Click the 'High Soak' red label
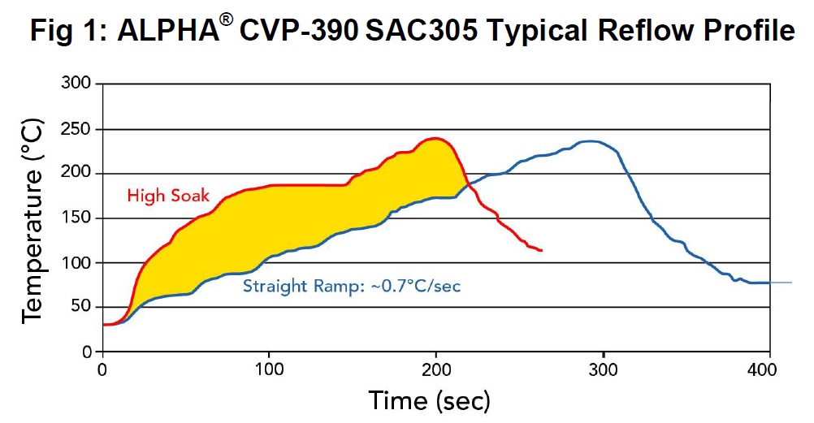(x=167, y=195)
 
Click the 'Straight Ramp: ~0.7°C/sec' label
(x=352, y=286)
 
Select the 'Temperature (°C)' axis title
(x=32, y=218)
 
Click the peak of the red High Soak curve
(x=437, y=138)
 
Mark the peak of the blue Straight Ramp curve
(x=591, y=141)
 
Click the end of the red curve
(x=541, y=251)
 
